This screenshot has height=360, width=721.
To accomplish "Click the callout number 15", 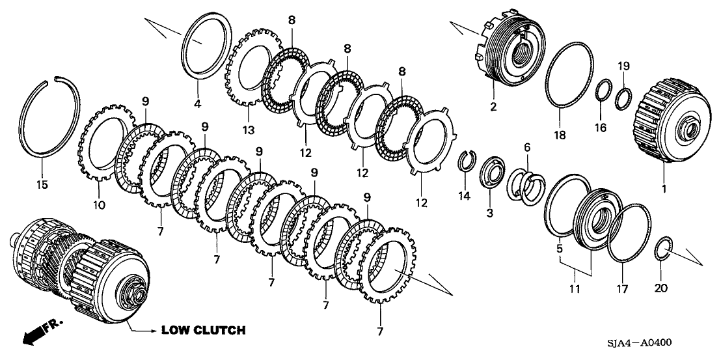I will click(x=42, y=185).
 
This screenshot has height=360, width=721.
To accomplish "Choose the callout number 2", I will click(x=493, y=106).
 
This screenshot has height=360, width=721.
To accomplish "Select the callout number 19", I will click(x=623, y=66).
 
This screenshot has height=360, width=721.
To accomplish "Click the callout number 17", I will click(x=622, y=288).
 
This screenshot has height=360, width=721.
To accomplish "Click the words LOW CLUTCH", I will click(x=203, y=331).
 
